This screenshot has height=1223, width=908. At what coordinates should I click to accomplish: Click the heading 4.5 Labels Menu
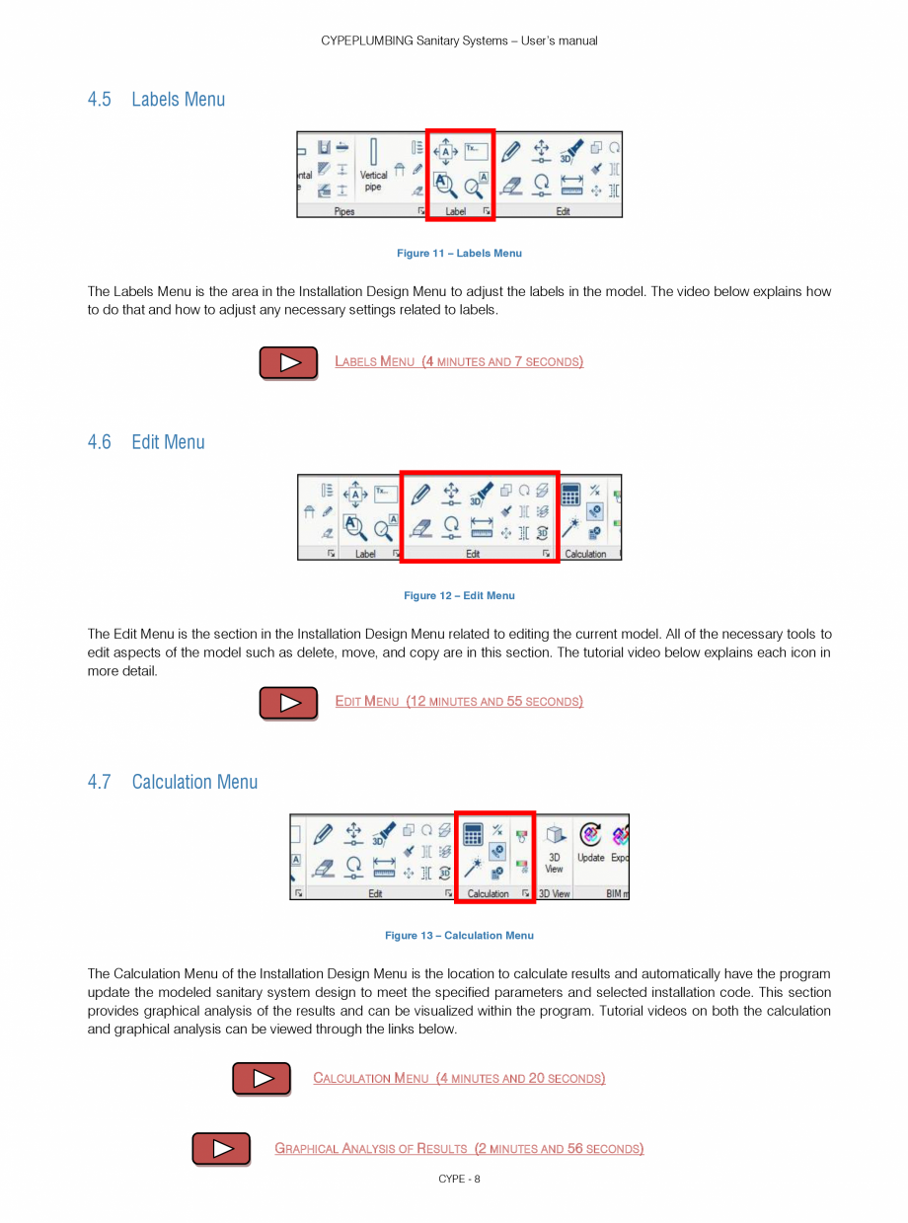pyautogui.click(x=156, y=100)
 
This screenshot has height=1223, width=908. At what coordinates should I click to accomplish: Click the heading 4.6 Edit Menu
pyautogui.click(x=146, y=442)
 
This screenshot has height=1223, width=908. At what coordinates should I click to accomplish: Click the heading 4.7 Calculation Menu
pyautogui.click(x=172, y=782)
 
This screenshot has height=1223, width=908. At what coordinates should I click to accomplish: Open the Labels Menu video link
pyautogui.click(x=459, y=362)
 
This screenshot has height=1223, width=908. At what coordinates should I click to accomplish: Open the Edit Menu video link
pyautogui.click(x=459, y=702)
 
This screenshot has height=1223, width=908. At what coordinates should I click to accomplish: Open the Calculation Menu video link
pyautogui.click(x=459, y=1078)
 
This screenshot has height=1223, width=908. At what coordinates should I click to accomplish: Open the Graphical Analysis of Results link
pyautogui.click(x=459, y=1149)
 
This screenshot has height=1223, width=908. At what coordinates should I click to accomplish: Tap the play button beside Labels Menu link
pyautogui.click(x=288, y=362)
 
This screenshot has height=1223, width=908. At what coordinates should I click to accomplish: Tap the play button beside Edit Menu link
pyautogui.click(x=288, y=703)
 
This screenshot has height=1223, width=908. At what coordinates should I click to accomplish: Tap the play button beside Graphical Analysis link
pyautogui.click(x=221, y=1149)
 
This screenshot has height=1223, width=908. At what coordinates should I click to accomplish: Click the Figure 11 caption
pyautogui.click(x=459, y=254)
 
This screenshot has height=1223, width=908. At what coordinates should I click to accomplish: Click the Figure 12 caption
pyautogui.click(x=459, y=596)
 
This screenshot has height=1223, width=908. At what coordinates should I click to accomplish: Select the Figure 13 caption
pyautogui.click(x=459, y=936)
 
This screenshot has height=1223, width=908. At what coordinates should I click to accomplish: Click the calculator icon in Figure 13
pyautogui.click(x=473, y=835)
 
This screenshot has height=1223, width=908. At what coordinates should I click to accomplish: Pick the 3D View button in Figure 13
pyautogui.click(x=555, y=848)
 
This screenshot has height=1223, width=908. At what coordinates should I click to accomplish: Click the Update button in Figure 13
pyautogui.click(x=590, y=843)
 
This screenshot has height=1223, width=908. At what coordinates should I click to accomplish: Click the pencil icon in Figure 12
pyautogui.click(x=421, y=493)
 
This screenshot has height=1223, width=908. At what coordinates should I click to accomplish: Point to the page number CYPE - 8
pyautogui.click(x=459, y=1179)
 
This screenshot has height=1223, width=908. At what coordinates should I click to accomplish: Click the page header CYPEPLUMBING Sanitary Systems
pyautogui.click(x=459, y=40)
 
